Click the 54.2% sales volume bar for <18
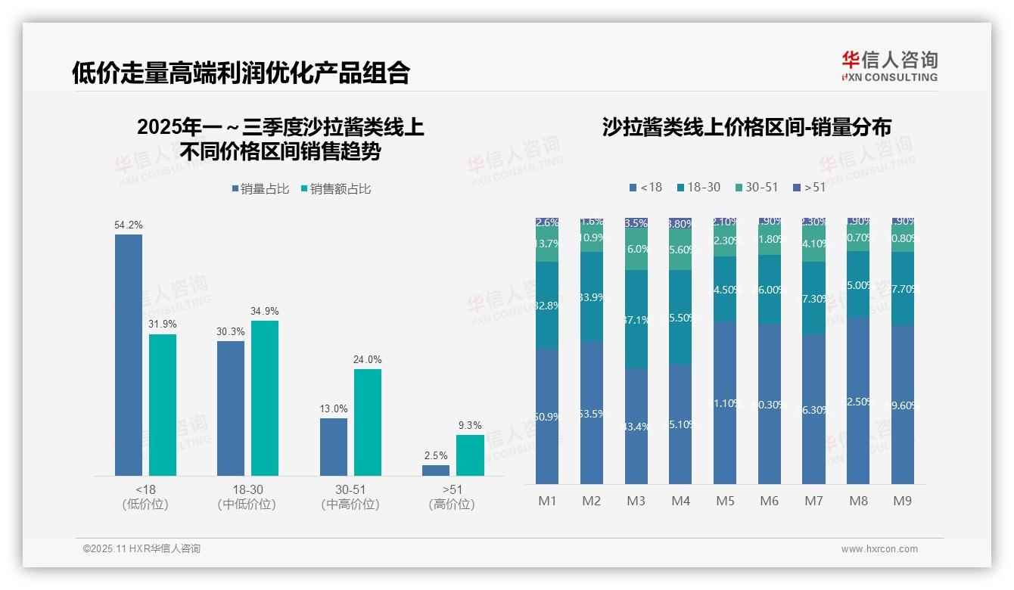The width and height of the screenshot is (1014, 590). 129,355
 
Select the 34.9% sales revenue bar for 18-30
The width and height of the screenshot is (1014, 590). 265,398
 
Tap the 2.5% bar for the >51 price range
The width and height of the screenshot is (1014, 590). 436,470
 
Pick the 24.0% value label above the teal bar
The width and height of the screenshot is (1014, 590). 368,359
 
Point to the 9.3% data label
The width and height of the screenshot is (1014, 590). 470,425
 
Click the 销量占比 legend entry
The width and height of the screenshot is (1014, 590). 260,189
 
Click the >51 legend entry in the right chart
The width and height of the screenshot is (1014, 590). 809,187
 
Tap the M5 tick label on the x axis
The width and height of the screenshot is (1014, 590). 725,501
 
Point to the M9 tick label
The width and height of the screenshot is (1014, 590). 903,501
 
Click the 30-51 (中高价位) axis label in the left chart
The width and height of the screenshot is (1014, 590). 350,497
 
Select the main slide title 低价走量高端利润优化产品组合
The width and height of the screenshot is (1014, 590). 241,73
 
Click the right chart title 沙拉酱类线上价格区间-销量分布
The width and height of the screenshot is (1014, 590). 746,127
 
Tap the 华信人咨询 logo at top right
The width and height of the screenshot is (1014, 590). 889,66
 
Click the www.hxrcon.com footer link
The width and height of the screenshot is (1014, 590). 879,549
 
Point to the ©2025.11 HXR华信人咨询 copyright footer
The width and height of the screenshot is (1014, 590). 142,549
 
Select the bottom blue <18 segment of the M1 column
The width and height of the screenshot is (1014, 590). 547,416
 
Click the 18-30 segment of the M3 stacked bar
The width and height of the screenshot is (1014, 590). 636,319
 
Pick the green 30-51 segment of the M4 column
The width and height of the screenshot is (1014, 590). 680,249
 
